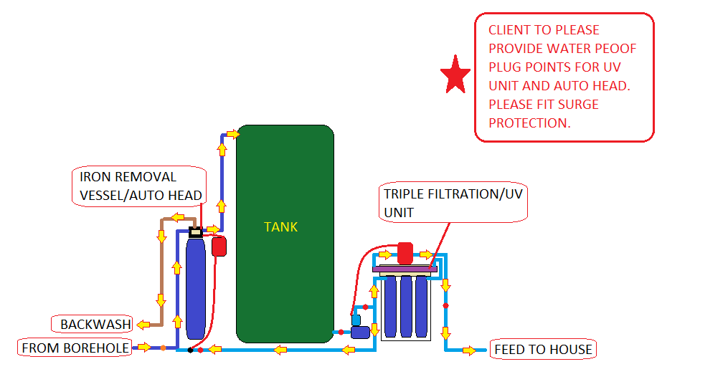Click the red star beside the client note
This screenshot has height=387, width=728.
point(455,75)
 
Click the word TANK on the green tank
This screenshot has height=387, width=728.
point(281,227)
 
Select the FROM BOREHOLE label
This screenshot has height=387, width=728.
point(75,348)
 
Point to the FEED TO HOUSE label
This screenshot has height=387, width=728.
point(543,350)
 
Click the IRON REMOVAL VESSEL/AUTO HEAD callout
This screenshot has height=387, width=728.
point(139,186)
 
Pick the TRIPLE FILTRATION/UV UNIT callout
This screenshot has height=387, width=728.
point(453,203)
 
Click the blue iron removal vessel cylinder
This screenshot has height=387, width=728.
point(196,288)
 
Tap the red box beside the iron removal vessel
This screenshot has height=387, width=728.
point(219,247)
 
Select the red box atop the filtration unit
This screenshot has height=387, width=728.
point(405,254)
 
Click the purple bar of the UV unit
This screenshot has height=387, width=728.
point(405,269)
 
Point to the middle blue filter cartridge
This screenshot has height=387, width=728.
point(406,306)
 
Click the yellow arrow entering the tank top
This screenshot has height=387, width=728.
point(233,135)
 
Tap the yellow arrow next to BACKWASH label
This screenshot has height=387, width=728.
point(143,325)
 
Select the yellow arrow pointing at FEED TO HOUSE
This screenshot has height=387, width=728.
point(469,350)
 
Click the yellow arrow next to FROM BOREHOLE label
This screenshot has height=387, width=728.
point(144,347)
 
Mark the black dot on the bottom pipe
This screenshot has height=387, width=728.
point(190,350)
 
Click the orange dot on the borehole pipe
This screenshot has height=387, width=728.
point(164,348)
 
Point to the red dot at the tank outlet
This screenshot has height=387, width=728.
point(341,333)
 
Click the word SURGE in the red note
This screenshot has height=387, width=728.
point(578,105)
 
